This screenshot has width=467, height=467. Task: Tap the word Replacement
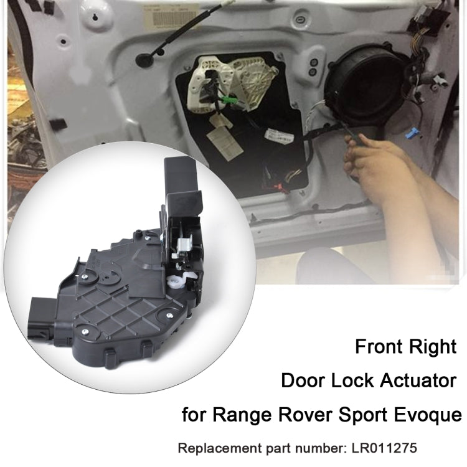click(x=218, y=448)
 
